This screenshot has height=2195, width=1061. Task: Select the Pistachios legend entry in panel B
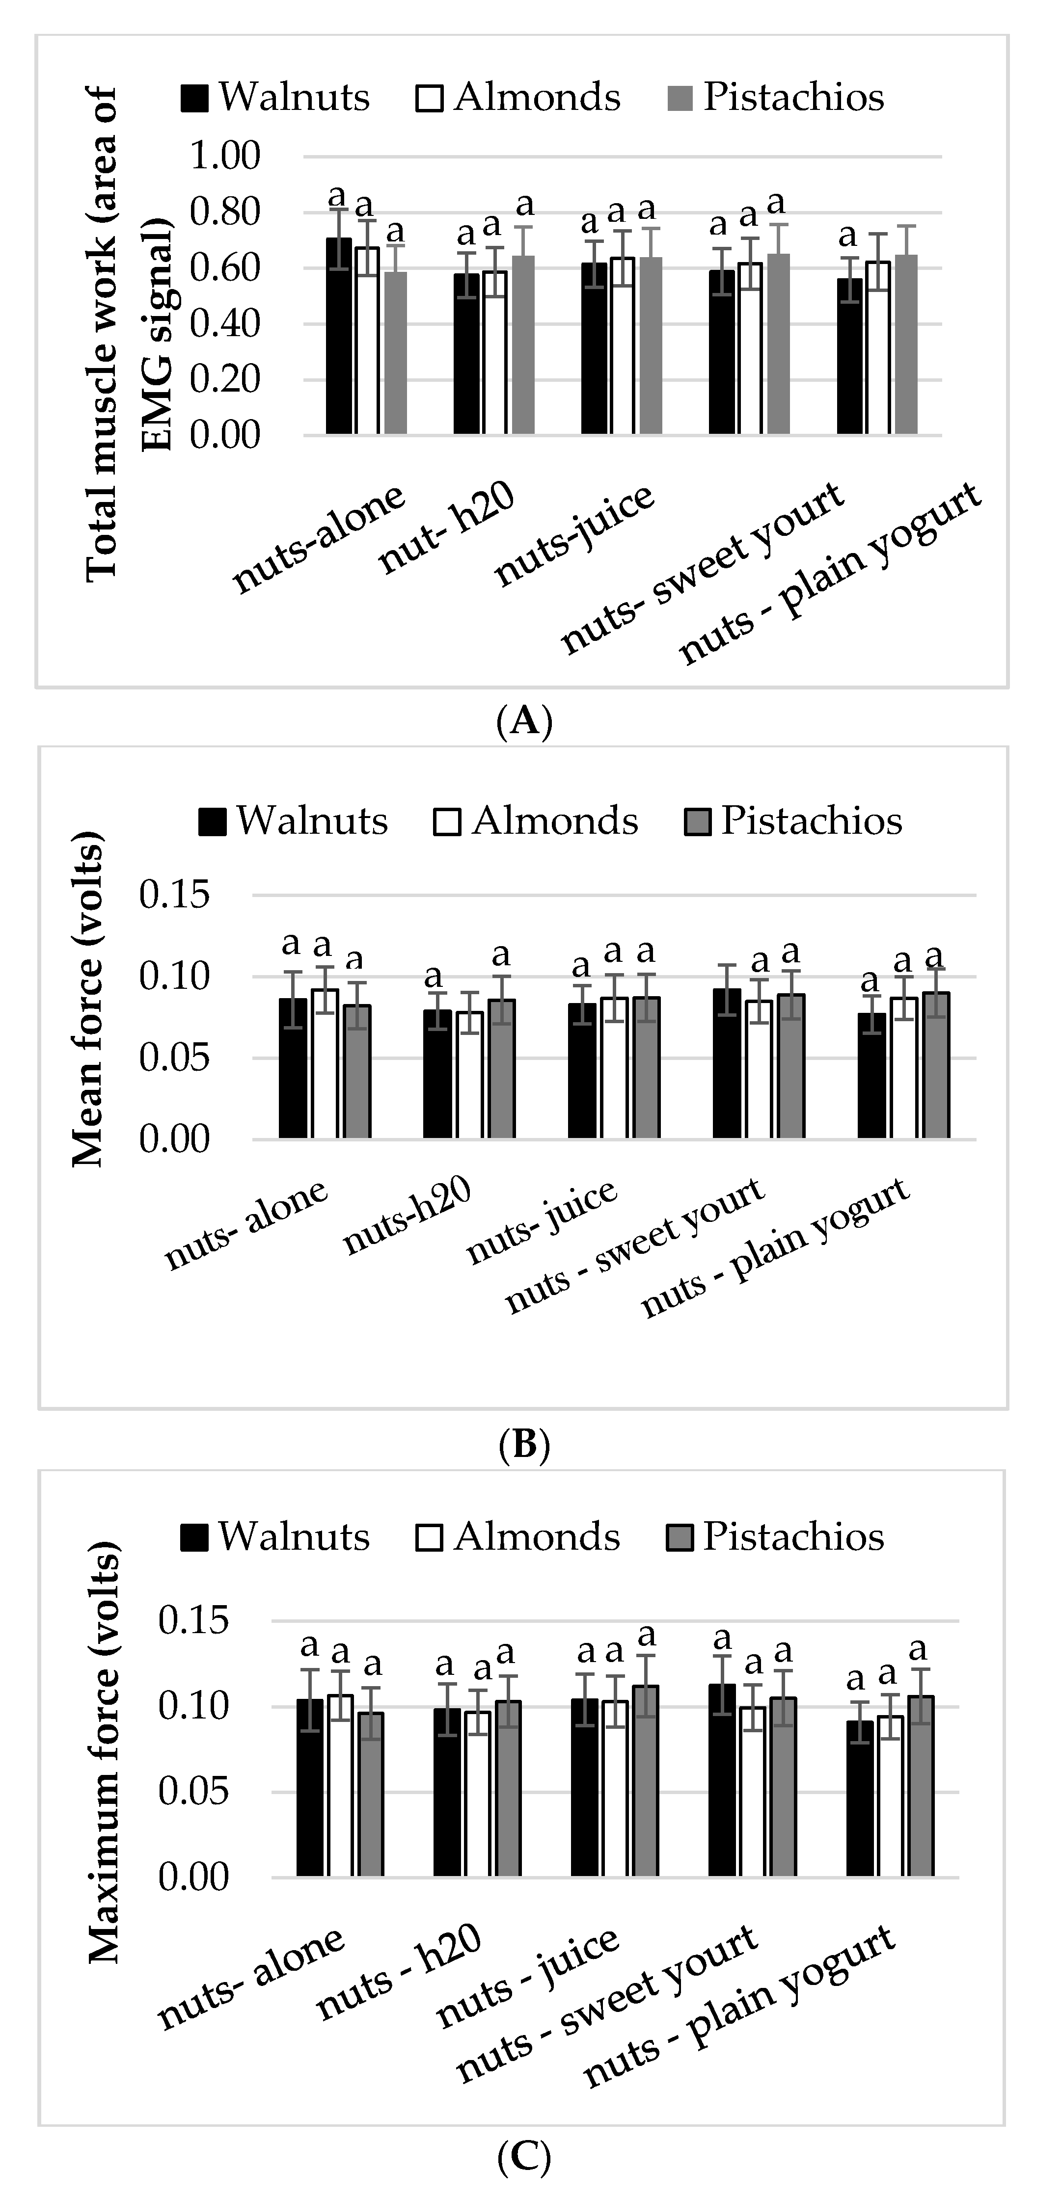coord(792,820)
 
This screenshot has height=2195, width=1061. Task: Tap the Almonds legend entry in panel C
coord(518,1537)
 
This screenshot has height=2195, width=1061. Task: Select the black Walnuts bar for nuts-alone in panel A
coord(339,337)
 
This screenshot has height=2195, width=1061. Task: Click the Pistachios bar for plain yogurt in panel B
coord(936,1065)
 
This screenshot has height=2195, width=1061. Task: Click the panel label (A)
coord(524,721)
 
